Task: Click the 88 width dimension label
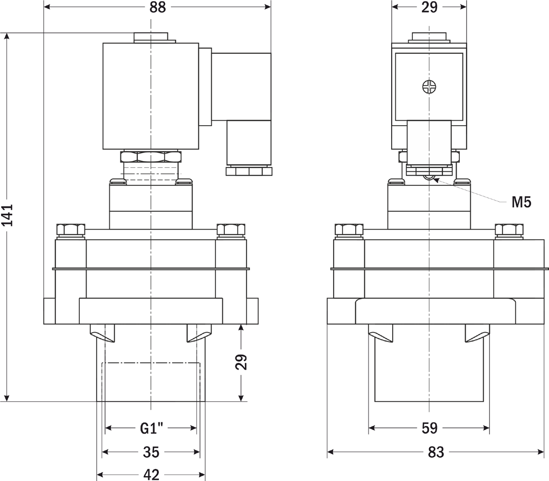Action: click(157, 7)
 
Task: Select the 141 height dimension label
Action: click(7, 214)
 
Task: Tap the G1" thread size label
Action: click(152, 428)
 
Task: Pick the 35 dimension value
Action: click(152, 452)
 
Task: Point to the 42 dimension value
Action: click(152, 475)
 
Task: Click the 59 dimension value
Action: click(429, 428)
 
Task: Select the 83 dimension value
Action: click(436, 452)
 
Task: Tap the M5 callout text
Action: click(522, 202)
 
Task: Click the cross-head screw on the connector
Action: click(429, 87)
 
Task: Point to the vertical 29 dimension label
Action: click(241, 362)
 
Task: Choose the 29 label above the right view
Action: click(429, 7)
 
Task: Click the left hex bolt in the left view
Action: click(71, 230)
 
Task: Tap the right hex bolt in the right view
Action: click(509, 230)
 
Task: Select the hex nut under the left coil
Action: click(151, 156)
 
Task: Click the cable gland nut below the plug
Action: click(249, 171)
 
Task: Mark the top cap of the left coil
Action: click(151, 38)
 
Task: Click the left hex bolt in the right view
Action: click(349, 230)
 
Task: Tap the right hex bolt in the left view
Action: click(231, 230)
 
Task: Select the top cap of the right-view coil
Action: click(429, 38)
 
